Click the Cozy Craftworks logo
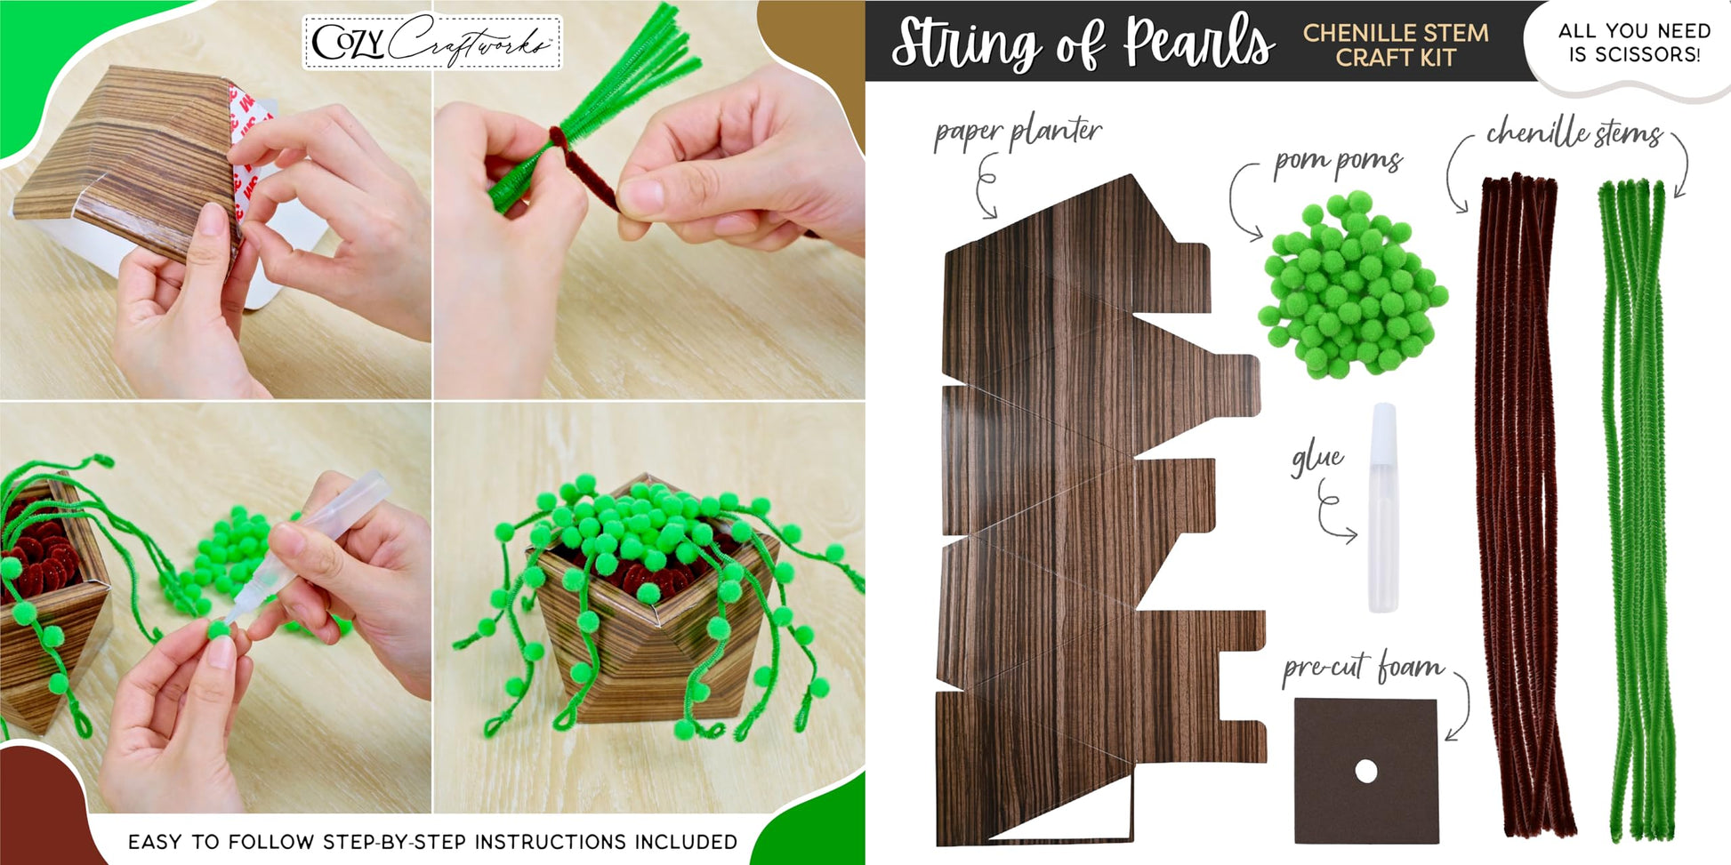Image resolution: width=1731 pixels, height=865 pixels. coord(432,42)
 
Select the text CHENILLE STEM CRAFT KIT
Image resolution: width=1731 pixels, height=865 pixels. coord(1396,45)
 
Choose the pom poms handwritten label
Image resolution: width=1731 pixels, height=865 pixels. coord(1338,163)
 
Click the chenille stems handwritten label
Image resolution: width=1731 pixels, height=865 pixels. coord(1574,133)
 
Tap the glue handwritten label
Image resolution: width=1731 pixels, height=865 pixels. coord(1317,458)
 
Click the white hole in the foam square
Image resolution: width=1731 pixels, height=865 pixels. coord(1365,772)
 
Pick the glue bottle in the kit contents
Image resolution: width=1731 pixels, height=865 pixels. coord(1382,508)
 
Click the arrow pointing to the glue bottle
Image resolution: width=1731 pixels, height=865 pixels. coord(1334,511)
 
